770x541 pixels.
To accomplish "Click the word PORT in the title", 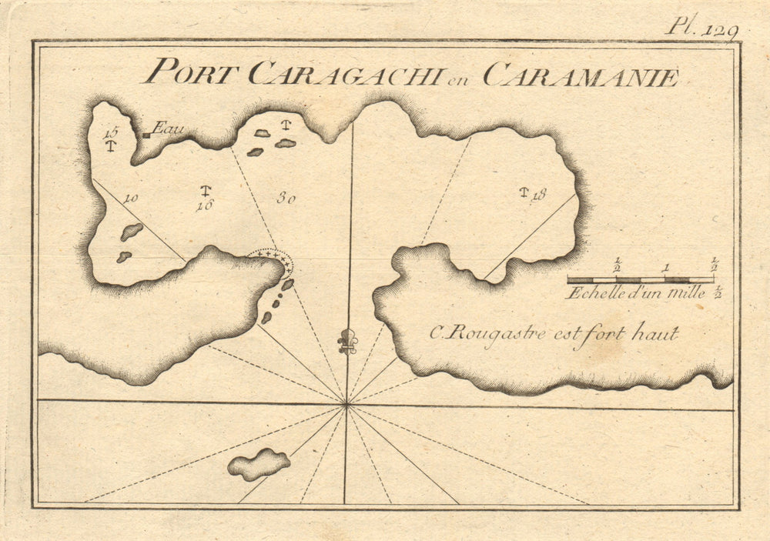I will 193,73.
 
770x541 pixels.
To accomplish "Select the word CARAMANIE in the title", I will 581,76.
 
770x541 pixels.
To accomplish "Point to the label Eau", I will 168,129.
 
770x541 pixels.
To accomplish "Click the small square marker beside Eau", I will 146,135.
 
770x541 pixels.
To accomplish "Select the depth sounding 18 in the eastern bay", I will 538,194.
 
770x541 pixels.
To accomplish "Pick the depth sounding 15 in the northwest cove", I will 109,132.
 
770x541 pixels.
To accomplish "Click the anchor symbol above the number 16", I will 206,190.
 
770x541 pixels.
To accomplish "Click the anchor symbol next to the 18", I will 525,192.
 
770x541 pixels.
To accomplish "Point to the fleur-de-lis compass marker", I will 348,341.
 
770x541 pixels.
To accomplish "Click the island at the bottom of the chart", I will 259,464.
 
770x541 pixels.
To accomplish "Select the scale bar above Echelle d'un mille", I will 640,279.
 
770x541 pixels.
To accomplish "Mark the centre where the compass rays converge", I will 346,402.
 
